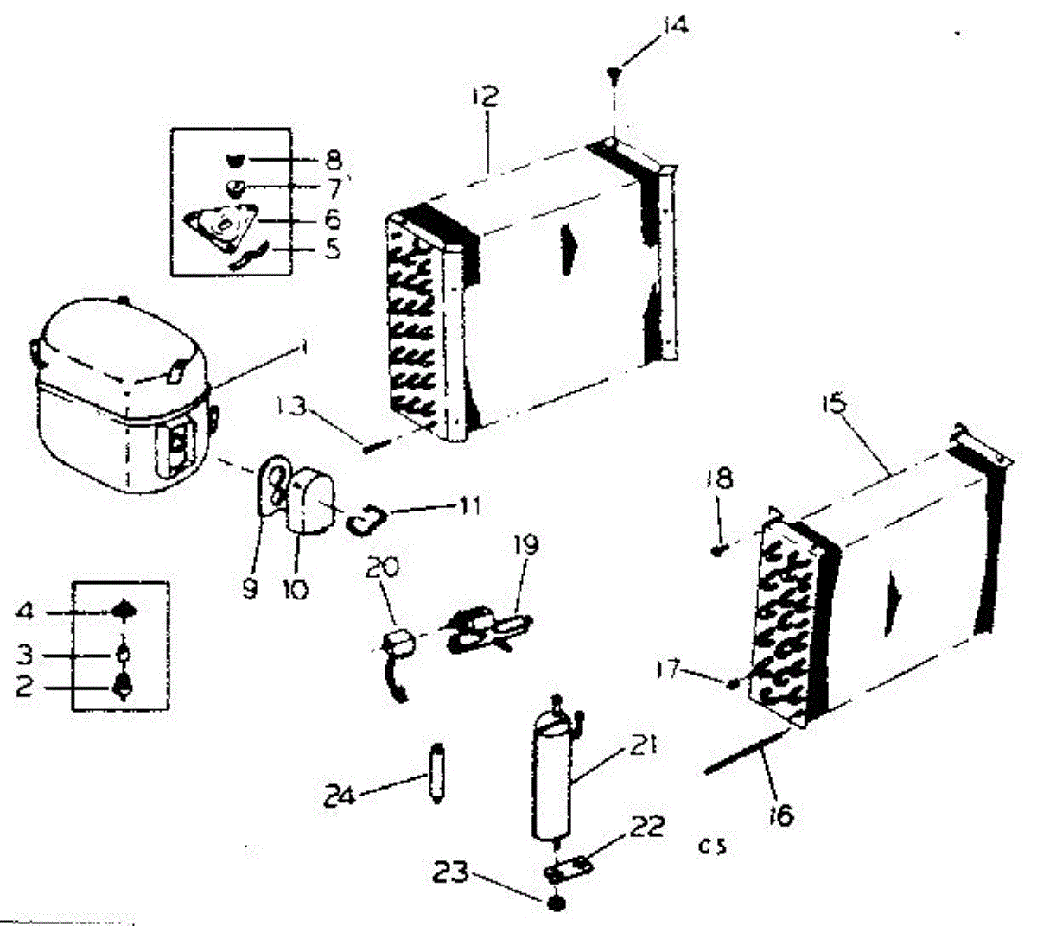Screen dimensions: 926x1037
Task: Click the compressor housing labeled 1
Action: point(121,397)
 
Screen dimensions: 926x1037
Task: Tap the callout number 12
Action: point(486,95)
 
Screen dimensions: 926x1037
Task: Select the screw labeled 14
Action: point(613,75)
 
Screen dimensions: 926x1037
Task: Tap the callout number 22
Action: point(647,827)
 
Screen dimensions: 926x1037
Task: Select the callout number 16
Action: point(781,815)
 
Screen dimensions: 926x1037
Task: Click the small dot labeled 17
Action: point(733,683)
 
